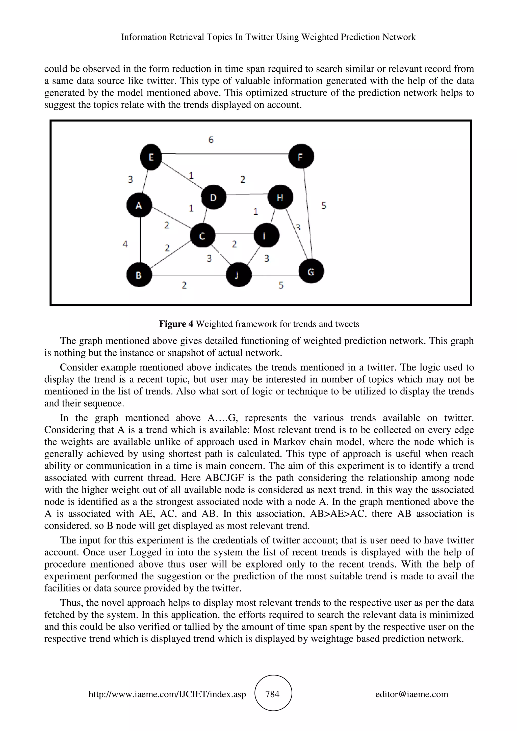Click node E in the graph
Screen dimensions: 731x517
click(x=151, y=157)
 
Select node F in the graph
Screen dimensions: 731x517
click(x=301, y=156)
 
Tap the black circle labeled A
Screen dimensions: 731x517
click(x=139, y=205)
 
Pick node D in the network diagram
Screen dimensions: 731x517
click(x=213, y=198)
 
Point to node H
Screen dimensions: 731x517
click(x=280, y=198)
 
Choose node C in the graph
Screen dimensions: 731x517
click(x=202, y=236)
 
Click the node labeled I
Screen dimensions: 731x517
click(x=266, y=236)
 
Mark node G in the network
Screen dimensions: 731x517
click(x=311, y=272)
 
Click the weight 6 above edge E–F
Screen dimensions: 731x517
click(x=211, y=139)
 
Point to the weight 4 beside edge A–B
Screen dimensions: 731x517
click(x=125, y=244)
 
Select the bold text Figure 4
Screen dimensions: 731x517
click(x=176, y=324)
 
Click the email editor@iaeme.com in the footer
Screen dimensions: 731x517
click(x=411, y=694)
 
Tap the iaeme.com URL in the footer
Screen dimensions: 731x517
click(x=167, y=694)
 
